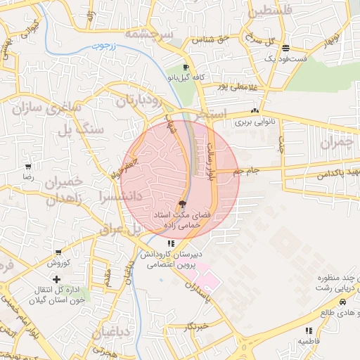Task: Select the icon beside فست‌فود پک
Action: click(285, 49)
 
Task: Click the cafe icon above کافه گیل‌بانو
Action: click(186, 67)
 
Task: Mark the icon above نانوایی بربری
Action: click(255, 111)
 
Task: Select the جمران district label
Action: click(335, 143)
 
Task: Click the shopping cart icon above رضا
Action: click(27, 167)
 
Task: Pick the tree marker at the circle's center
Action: click(184, 202)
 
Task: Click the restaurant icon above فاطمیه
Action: click(309, 330)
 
